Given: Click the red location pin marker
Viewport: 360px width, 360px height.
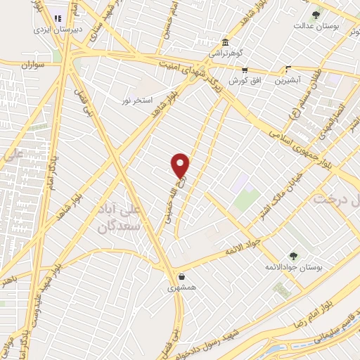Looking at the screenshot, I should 181,165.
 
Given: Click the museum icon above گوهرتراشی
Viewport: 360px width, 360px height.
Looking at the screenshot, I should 224,42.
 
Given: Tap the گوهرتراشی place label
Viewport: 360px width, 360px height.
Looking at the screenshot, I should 224,53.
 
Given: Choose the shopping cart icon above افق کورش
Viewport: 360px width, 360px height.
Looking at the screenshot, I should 245,70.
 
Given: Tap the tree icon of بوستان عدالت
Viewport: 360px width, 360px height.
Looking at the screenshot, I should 316,14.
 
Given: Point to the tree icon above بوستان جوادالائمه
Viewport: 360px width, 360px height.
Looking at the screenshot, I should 292,256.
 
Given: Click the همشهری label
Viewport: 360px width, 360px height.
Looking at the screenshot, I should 181,288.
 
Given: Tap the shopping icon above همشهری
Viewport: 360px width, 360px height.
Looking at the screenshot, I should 182,277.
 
